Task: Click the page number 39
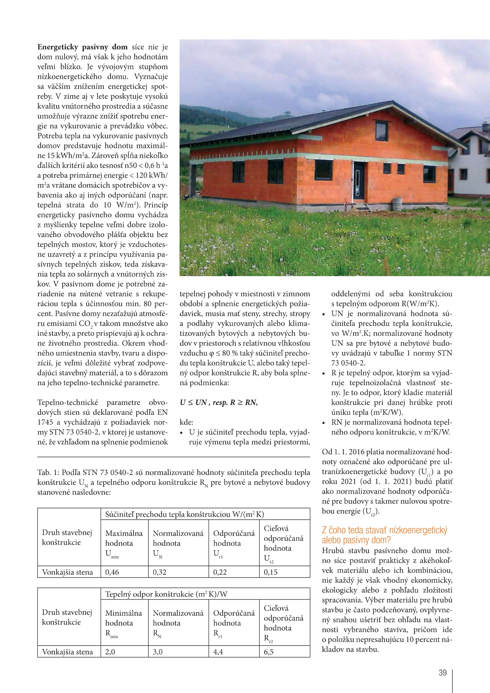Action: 442,673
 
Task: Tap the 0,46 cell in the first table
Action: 112,572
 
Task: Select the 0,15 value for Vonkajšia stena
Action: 270,572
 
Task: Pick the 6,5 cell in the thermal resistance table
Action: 268,652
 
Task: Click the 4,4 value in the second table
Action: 218,652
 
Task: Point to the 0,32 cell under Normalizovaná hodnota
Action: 159,572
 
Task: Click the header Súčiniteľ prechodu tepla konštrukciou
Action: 184,514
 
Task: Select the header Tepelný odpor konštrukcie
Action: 166,594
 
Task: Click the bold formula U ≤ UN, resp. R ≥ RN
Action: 218,402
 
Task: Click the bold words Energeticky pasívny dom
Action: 82,47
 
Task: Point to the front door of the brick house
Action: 359,180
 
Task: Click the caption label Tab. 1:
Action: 48,472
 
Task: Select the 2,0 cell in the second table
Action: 110,652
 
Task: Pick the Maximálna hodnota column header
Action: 124,543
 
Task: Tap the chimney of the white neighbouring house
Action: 485,124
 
